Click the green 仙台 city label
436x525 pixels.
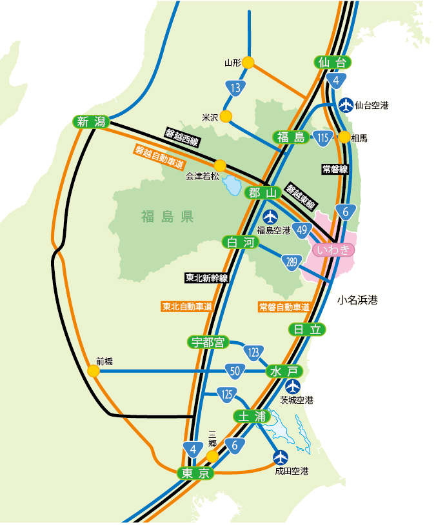point(334,63)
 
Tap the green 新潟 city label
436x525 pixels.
point(91,121)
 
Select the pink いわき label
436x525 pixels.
point(333,250)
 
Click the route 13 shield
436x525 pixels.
point(237,87)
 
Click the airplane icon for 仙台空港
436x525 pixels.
point(346,104)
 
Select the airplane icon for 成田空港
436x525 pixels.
point(281,457)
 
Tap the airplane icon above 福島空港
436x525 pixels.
point(270,217)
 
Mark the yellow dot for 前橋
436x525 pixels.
point(94,371)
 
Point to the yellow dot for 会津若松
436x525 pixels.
point(220,165)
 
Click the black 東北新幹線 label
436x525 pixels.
point(206,278)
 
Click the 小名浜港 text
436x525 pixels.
point(357,300)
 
